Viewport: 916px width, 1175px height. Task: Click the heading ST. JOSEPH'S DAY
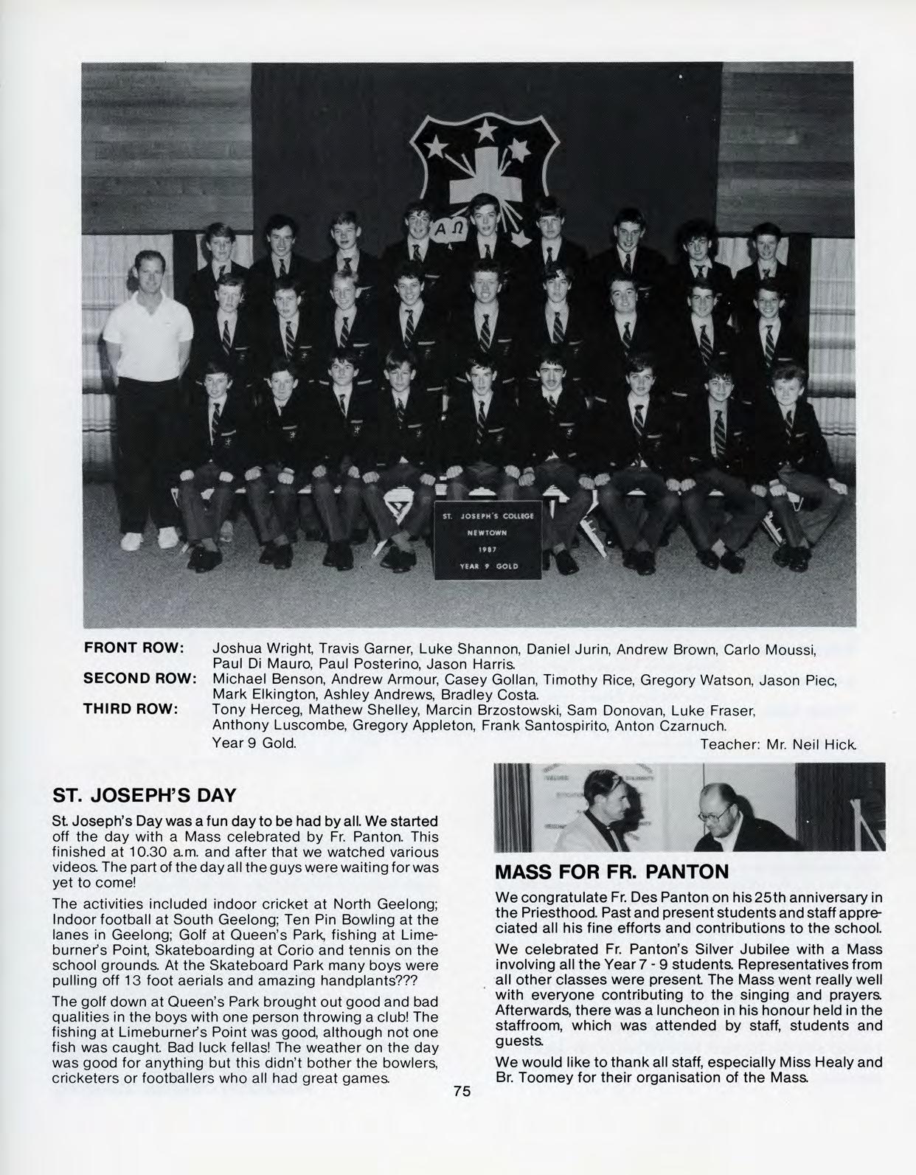pyautogui.click(x=145, y=795)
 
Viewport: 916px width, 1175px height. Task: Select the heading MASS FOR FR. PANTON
pyautogui.click(x=612, y=872)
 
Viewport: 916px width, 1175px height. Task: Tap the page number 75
pyautogui.click(x=462, y=1092)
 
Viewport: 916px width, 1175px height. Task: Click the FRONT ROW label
pyautogui.click(x=133, y=648)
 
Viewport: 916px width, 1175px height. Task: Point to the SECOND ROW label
pyautogui.click(x=139, y=679)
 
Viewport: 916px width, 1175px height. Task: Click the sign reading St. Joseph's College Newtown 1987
pyautogui.click(x=488, y=540)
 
